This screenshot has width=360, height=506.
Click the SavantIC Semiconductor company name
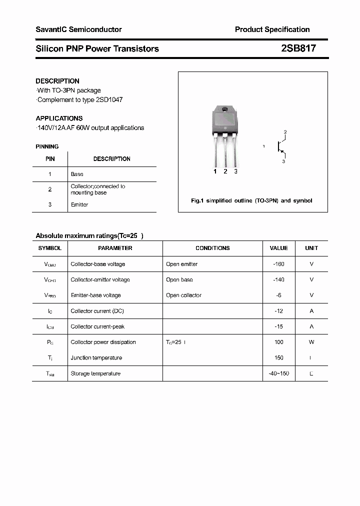[x=78, y=29]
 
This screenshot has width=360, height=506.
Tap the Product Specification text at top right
[x=272, y=29]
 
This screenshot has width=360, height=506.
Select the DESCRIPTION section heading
[x=57, y=81]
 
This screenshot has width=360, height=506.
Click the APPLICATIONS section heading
[x=59, y=118]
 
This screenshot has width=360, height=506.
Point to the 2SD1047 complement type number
[x=110, y=99]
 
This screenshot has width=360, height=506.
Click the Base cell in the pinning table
[x=77, y=174]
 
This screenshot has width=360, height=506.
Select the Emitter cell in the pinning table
[x=79, y=204]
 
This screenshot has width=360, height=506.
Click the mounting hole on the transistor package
[x=225, y=110]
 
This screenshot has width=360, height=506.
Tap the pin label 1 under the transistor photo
[x=215, y=171]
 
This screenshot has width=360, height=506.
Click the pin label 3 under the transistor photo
[x=235, y=171]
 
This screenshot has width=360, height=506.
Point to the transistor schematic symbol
[x=280, y=146]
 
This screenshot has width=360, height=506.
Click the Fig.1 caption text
[x=251, y=200]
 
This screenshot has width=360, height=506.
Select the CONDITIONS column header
[x=212, y=248]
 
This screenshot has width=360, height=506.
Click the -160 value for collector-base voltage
[x=278, y=264]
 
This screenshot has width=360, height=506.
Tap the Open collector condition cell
[x=183, y=295]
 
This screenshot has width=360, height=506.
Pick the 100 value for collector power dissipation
[x=278, y=342]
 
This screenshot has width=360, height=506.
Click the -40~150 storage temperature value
[x=278, y=373]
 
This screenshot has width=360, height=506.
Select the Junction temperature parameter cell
[x=96, y=358]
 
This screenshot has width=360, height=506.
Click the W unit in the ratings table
[x=311, y=342]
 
